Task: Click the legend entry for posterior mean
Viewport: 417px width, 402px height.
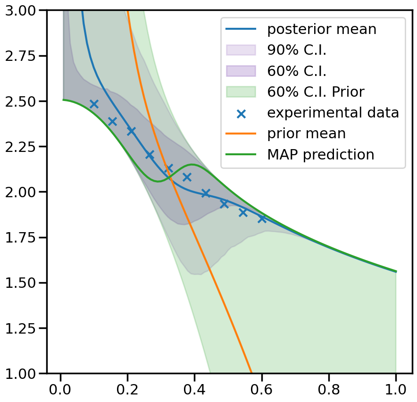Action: click(322, 29)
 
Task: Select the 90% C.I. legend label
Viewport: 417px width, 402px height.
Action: click(297, 50)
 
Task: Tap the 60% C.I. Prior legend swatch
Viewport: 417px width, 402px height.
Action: click(241, 92)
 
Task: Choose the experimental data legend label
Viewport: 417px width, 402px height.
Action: click(333, 113)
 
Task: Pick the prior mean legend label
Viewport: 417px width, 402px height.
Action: click(306, 134)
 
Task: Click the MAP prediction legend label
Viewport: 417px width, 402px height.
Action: click(320, 154)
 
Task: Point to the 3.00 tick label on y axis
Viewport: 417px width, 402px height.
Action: click(22, 10)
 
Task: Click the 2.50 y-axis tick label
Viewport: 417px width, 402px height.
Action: click(22, 101)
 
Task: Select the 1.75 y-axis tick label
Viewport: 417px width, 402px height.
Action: click(22, 238)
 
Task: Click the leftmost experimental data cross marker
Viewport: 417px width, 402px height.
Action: click(94, 104)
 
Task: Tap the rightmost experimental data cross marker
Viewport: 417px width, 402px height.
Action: click(262, 218)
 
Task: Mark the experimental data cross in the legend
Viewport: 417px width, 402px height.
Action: click(241, 113)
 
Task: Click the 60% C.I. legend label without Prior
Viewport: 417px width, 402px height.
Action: click(297, 71)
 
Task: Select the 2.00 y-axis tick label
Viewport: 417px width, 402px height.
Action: click(22, 193)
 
